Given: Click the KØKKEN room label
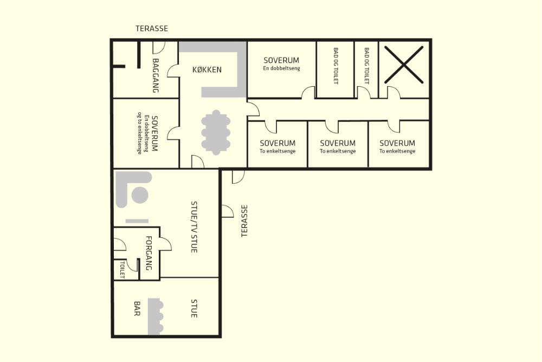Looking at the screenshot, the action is [x=207, y=70].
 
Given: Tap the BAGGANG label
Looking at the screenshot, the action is [x=156, y=75].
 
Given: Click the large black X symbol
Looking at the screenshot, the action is [x=404, y=64].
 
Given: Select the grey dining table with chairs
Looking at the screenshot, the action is [x=216, y=132].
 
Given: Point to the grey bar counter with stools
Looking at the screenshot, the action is [x=155, y=316].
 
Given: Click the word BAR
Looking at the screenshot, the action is [x=137, y=308].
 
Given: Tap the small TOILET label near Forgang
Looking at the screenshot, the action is [x=121, y=270].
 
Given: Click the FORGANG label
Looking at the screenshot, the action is [x=149, y=253].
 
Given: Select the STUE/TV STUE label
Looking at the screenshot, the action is [x=194, y=227].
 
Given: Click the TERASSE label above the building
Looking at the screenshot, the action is [x=152, y=28].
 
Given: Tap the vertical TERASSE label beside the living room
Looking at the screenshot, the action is [x=245, y=221].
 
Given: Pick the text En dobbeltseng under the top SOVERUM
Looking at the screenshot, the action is [x=281, y=68].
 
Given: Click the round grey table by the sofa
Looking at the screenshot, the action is [x=141, y=195].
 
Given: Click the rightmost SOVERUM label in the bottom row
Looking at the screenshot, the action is [x=397, y=143].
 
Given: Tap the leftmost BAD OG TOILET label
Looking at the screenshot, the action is [x=335, y=66].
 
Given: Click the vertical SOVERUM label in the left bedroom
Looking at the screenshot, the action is [x=155, y=133].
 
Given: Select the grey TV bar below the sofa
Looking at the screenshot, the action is [x=137, y=221].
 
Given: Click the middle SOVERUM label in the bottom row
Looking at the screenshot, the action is [x=337, y=143].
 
